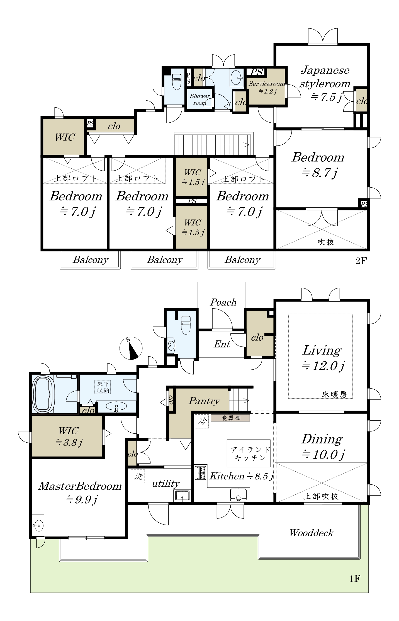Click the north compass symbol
coord(131,348)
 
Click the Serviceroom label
coord(267,84)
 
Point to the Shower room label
coord(200,100)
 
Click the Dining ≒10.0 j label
coord(323,447)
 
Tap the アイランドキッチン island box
coord(249,453)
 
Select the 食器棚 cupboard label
coord(230,418)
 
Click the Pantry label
coord(204,401)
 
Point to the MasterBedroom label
coord(80,486)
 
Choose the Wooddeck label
coord(312,533)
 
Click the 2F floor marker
coord(361,261)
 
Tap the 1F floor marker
coord(355,579)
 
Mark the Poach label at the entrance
coord(223,302)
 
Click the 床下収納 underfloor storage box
coord(103,387)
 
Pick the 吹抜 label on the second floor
coord(326,242)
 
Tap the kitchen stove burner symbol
coord(200,473)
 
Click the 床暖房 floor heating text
coord(334,394)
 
